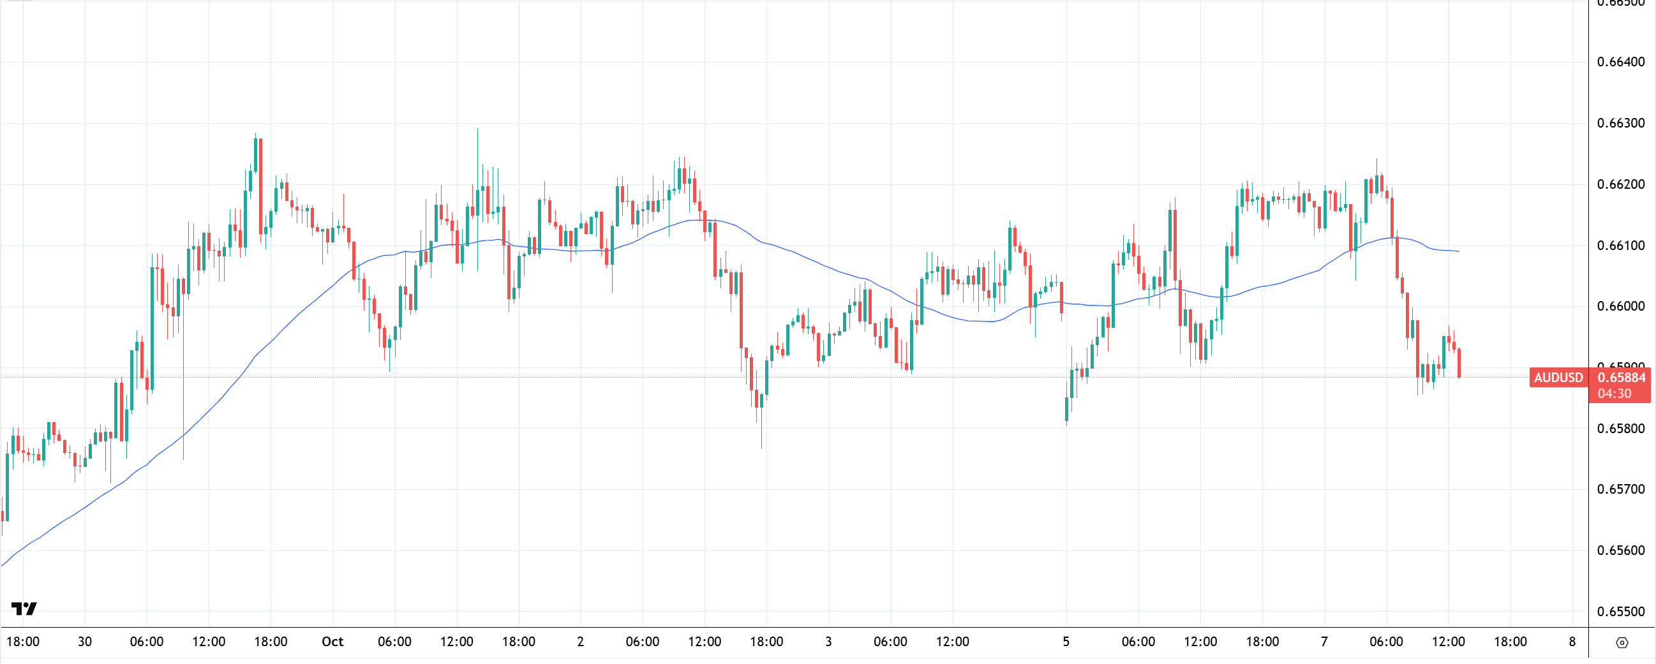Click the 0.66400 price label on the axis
[x=1621, y=62]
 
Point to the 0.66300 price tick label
[x=1621, y=122]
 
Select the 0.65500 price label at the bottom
[x=1621, y=611]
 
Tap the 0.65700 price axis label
[x=1621, y=489]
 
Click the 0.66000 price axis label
[x=1621, y=306]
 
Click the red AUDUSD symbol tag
[x=1558, y=378]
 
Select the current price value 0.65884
[x=1622, y=378]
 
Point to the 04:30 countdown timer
[x=1615, y=394]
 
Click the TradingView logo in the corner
[x=24, y=608]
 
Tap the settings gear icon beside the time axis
[x=1622, y=642]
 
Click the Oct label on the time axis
[x=332, y=642]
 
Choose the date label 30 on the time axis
[x=85, y=642]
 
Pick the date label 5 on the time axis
[x=1066, y=642]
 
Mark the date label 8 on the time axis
[x=1572, y=642]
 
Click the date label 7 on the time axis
[x=1324, y=642]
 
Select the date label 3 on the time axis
[x=828, y=642]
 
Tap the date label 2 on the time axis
[x=581, y=642]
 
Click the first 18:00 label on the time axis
[x=23, y=642]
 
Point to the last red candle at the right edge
[x=1459, y=363]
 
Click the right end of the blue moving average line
[x=1458, y=251]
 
